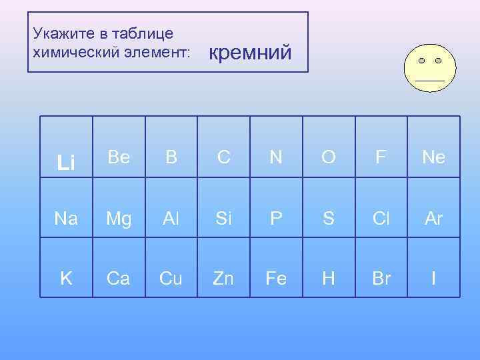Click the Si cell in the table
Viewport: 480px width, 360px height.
pyautogui.click(x=224, y=217)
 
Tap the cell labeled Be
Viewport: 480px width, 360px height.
pyautogui.click(x=119, y=157)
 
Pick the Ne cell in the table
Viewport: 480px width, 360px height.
pyautogui.click(x=433, y=157)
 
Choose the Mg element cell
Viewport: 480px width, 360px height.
pyautogui.click(x=119, y=217)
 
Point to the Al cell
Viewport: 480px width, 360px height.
pyautogui.click(x=171, y=217)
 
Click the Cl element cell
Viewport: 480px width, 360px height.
pyautogui.click(x=381, y=217)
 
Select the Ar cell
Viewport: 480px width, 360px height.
pyautogui.click(x=433, y=217)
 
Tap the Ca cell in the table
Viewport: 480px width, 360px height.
pyautogui.click(x=119, y=278)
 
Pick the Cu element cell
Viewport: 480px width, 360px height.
pyautogui.click(x=171, y=278)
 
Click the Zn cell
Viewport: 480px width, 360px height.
pyautogui.click(x=224, y=278)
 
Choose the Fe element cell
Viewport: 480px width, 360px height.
pyautogui.click(x=276, y=278)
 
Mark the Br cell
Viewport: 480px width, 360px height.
pyautogui.click(x=381, y=278)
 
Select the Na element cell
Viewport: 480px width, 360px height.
pyautogui.click(x=66, y=217)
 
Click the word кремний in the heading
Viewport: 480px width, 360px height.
pyautogui.click(x=251, y=51)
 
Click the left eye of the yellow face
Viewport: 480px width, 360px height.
pyautogui.click(x=422, y=61)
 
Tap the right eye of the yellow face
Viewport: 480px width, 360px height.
pyautogui.click(x=438, y=61)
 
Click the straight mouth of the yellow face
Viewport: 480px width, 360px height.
pyautogui.click(x=430, y=79)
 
